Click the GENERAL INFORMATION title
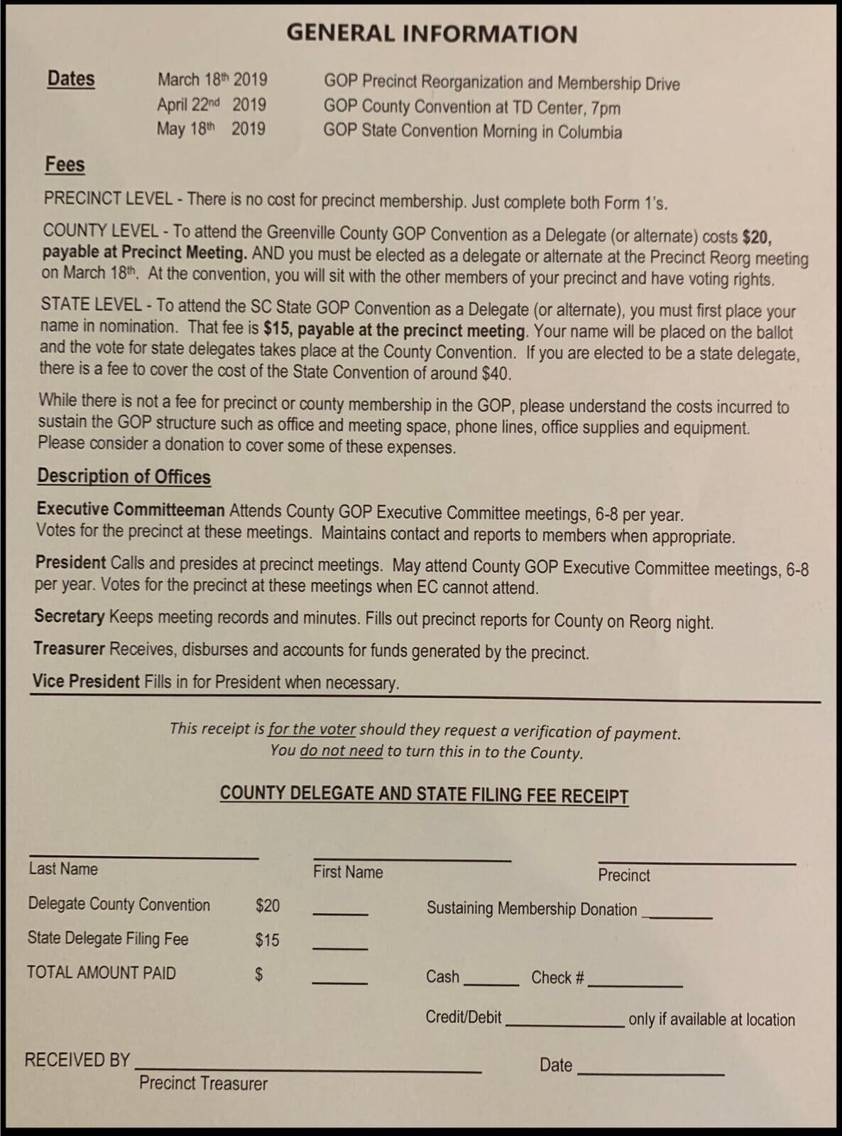coord(432,33)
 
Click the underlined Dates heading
coord(71,78)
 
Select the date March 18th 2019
coord(212,80)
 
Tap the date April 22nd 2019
coord(212,104)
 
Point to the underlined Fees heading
coord(65,164)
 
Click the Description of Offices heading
coord(124,476)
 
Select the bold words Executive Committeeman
coord(131,509)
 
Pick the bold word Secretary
coord(70,616)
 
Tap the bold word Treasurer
coord(69,648)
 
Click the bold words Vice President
coord(86,681)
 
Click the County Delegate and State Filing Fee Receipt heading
coord(424,794)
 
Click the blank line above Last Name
coord(143,857)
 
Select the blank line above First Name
coord(412,859)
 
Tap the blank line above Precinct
coord(696,863)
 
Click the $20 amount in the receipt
coord(268,905)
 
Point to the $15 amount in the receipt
coord(267,940)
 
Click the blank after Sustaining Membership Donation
coord(677,917)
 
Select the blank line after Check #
coord(635,985)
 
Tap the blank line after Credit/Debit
coord(564,1025)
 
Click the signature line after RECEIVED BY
coord(308,1070)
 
